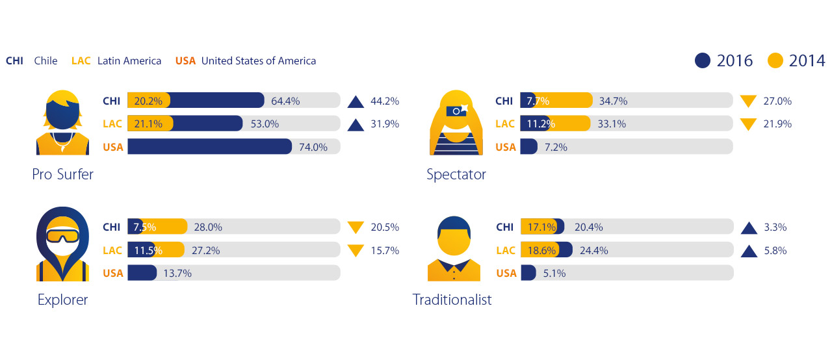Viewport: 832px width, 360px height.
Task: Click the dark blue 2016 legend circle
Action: [x=703, y=60]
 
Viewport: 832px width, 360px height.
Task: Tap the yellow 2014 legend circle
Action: [x=775, y=60]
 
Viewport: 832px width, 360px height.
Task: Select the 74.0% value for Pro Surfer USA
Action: [x=313, y=147]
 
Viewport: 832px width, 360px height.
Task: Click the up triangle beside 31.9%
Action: [x=356, y=124]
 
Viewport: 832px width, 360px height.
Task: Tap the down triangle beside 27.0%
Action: [x=749, y=101]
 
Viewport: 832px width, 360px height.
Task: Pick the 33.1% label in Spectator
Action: [x=612, y=124]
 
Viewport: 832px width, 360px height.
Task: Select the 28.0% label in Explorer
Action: [x=208, y=227]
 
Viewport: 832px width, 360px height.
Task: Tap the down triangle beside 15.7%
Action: [x=356, y=251]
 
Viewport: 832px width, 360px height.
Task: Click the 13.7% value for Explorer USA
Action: [x=177, y=274]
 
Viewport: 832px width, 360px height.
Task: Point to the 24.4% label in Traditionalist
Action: [x=593, y=251]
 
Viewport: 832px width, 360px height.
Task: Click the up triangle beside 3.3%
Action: [x=749, y=227]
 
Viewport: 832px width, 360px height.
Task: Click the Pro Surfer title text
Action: [x=62, y=174]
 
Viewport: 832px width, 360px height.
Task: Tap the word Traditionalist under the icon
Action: [x=452, y=300]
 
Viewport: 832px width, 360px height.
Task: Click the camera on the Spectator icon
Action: [x=457, y=111]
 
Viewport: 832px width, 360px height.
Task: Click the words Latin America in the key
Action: [x=129, y=61]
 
